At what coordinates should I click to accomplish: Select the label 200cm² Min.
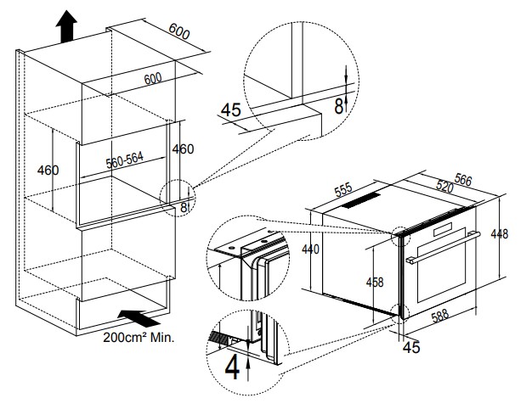(x=139, y=337)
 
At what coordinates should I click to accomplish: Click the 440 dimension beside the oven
(x=312, y=249)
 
